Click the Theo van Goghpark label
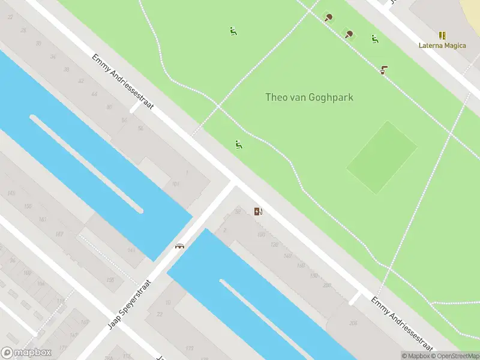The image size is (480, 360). [x=309, y=97]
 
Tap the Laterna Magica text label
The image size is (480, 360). [x=442, y=46]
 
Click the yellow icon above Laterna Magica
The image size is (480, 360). [x=442, y=35]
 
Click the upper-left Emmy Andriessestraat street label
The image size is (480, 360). [x=123, y=82]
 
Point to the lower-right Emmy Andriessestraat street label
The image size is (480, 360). [x=401, y=324]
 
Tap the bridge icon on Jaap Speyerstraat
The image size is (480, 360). [x=179, y=245]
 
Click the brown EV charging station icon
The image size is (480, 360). [x=258, y=211]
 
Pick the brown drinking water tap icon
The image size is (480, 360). [x=383, y=70]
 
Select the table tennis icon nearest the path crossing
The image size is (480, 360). [x=328, y=17]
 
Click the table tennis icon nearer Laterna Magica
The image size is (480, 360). [x=349, y=34]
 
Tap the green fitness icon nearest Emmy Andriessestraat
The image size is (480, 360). [x=239, y=144]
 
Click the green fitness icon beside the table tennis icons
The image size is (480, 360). [x=374, y=39]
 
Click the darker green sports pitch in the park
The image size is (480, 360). [x=382, y=157]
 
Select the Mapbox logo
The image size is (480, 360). [x=26, y=353]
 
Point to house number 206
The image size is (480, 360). [x=353, y=323]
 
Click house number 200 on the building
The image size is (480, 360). [x=326, y=286]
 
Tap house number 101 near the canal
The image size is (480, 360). [x=176, y=185]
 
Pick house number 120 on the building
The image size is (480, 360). [x=275, y=245]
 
